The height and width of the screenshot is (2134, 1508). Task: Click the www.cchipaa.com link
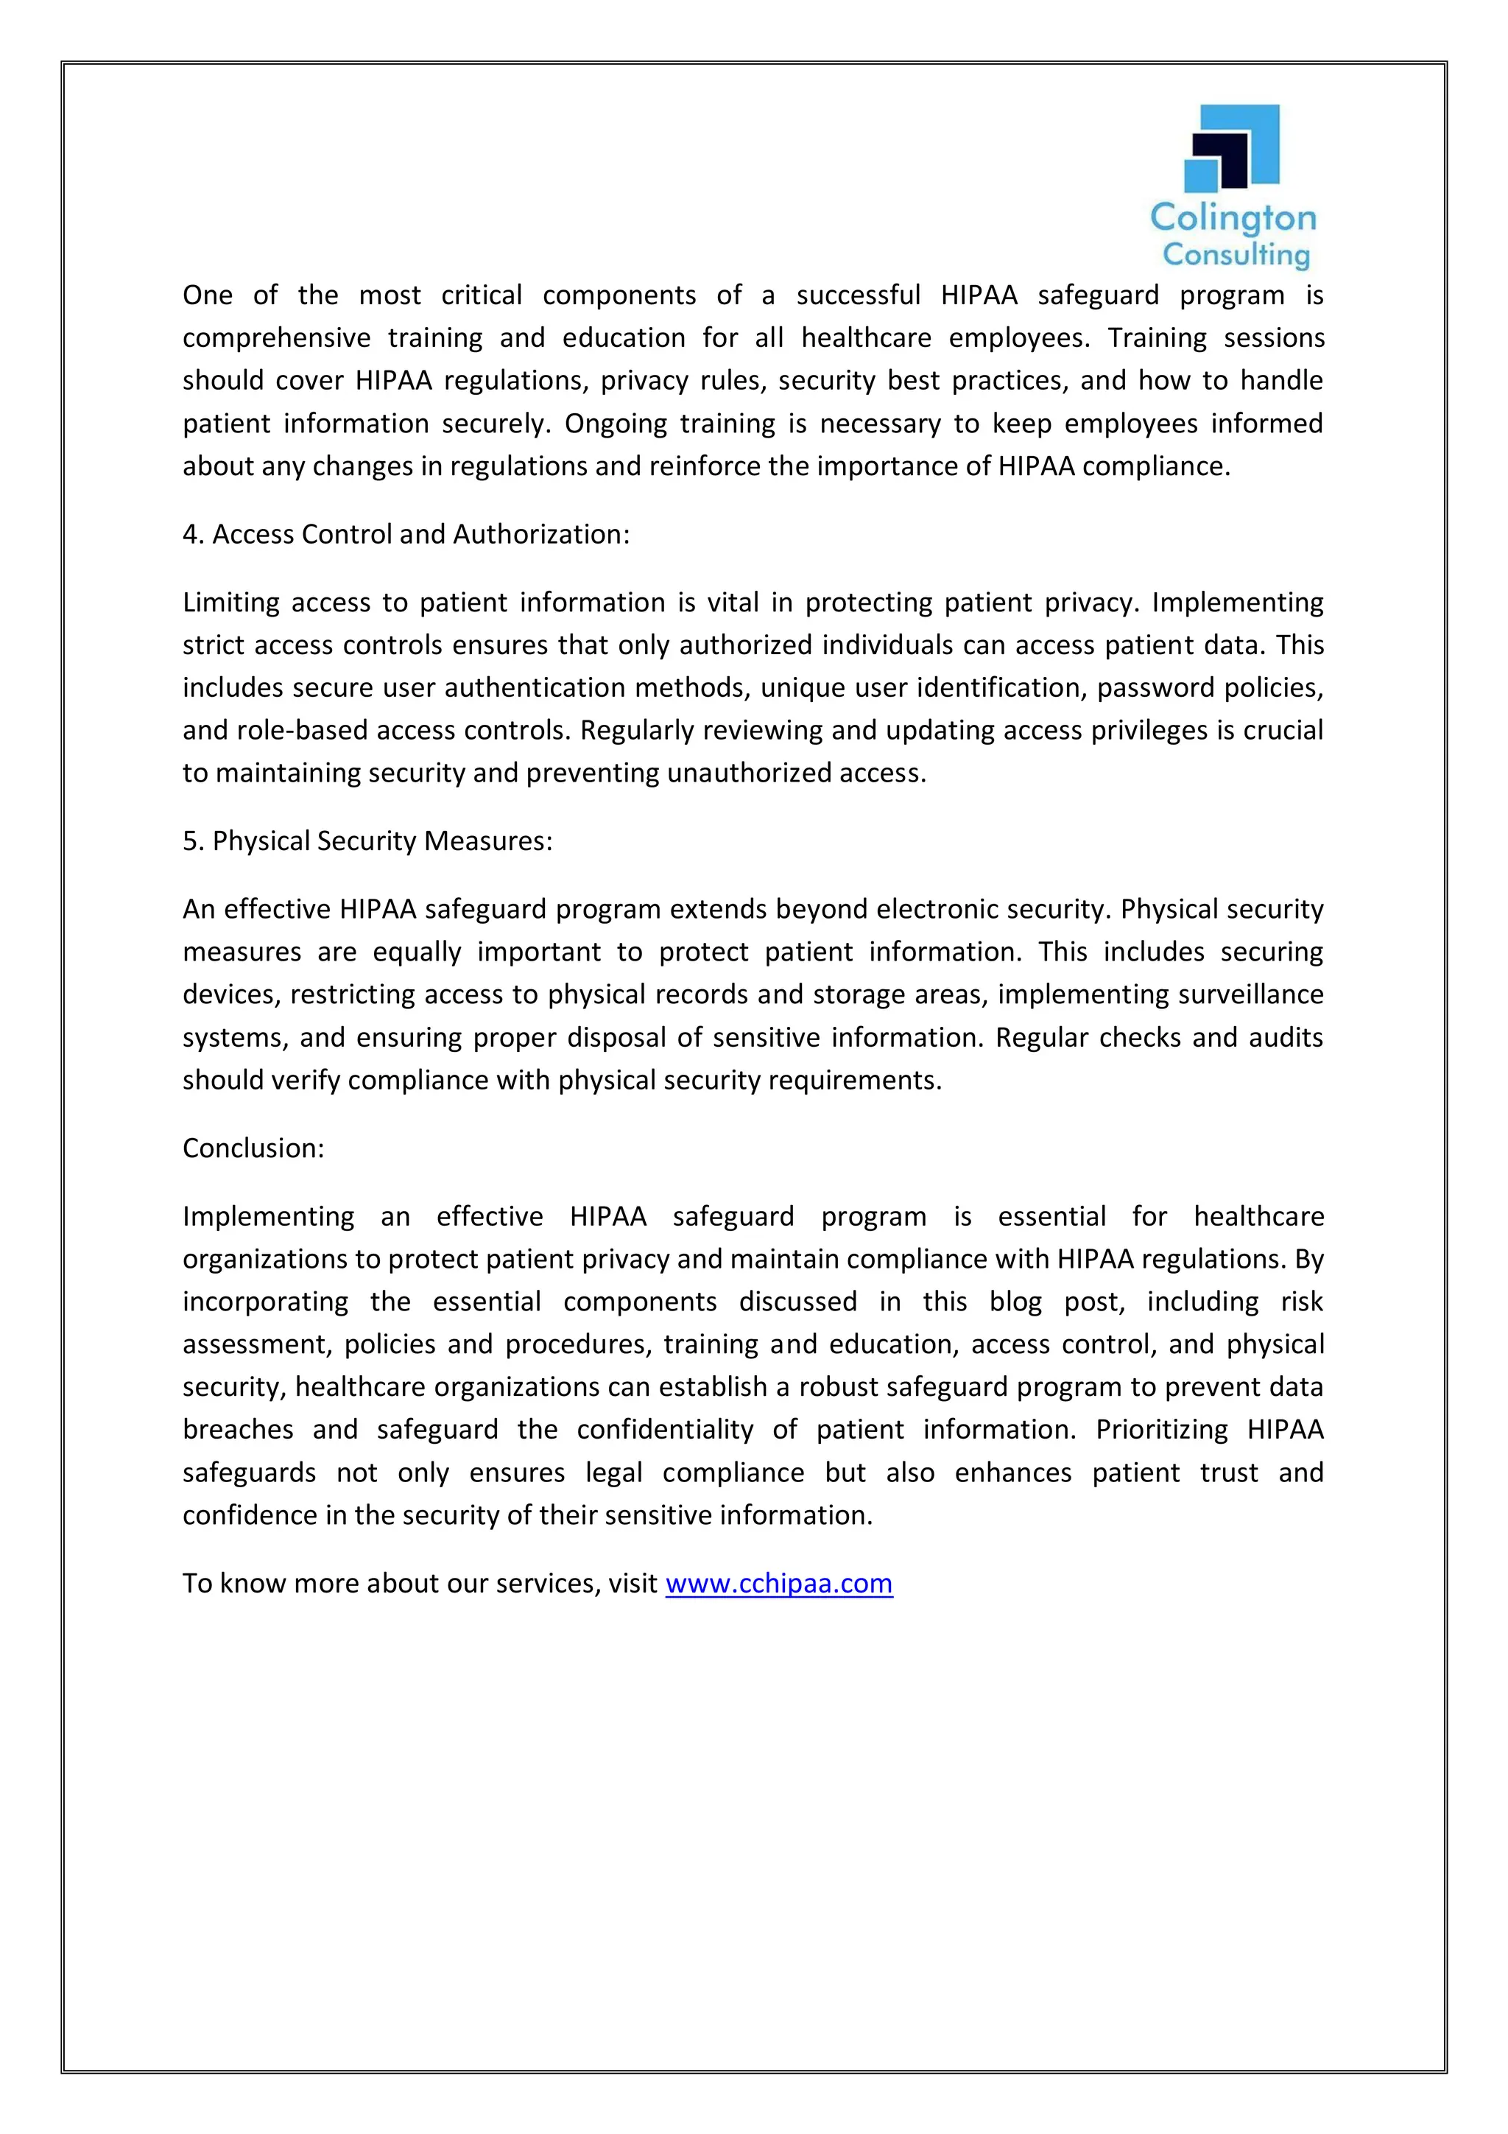(778, 1583)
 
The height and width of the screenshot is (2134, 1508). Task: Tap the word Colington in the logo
(1233, 220)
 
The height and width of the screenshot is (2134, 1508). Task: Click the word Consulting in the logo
(1236, 255)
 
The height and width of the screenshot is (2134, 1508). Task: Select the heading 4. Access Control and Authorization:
(406, 535)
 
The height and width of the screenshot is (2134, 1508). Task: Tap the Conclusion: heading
(253, 1149)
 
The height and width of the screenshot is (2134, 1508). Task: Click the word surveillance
(1250, 994)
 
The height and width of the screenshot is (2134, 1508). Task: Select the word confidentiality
(664, 1430)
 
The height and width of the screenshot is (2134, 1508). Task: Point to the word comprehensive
(275, 338)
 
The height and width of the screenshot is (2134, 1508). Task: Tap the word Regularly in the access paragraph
(638, 731)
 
